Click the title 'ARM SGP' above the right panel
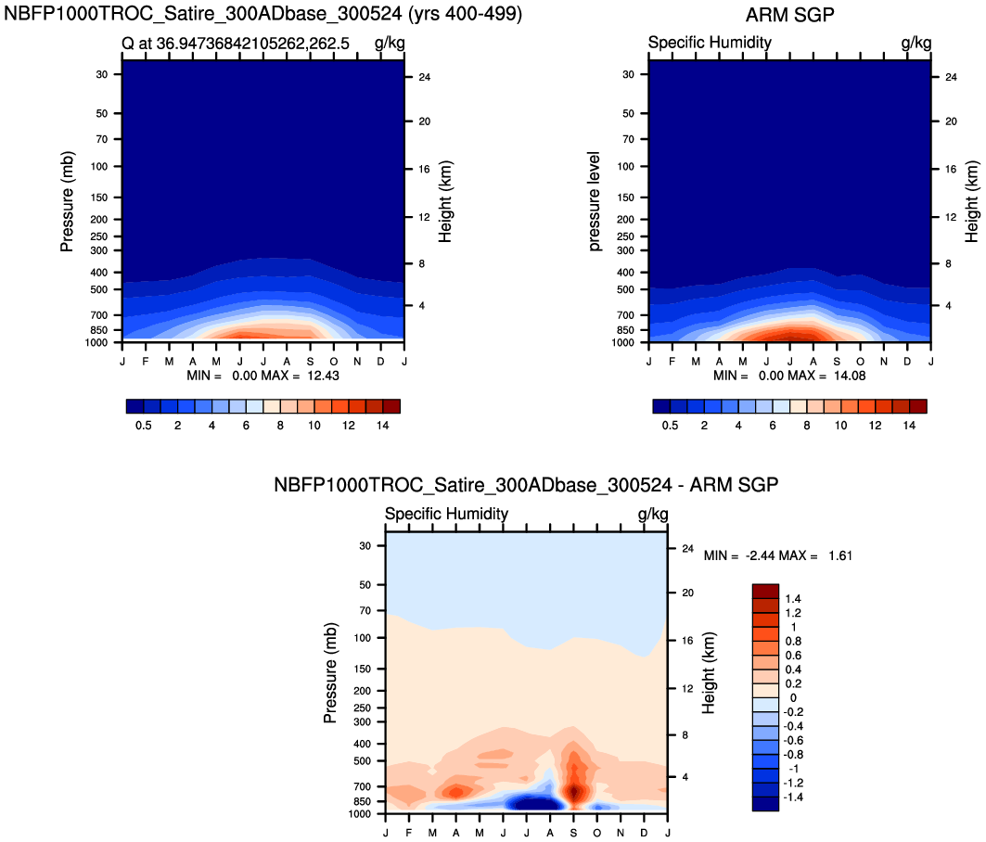point(788,15)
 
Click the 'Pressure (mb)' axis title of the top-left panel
point(67,202)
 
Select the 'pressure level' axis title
point(595,201)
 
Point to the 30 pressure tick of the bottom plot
point(364,545)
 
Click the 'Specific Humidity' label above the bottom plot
point(446,514)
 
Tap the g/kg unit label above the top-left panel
point(389,43)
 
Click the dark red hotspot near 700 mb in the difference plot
point(575,791)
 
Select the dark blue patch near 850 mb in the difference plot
point(532,803)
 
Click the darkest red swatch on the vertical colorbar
point(765,591)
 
